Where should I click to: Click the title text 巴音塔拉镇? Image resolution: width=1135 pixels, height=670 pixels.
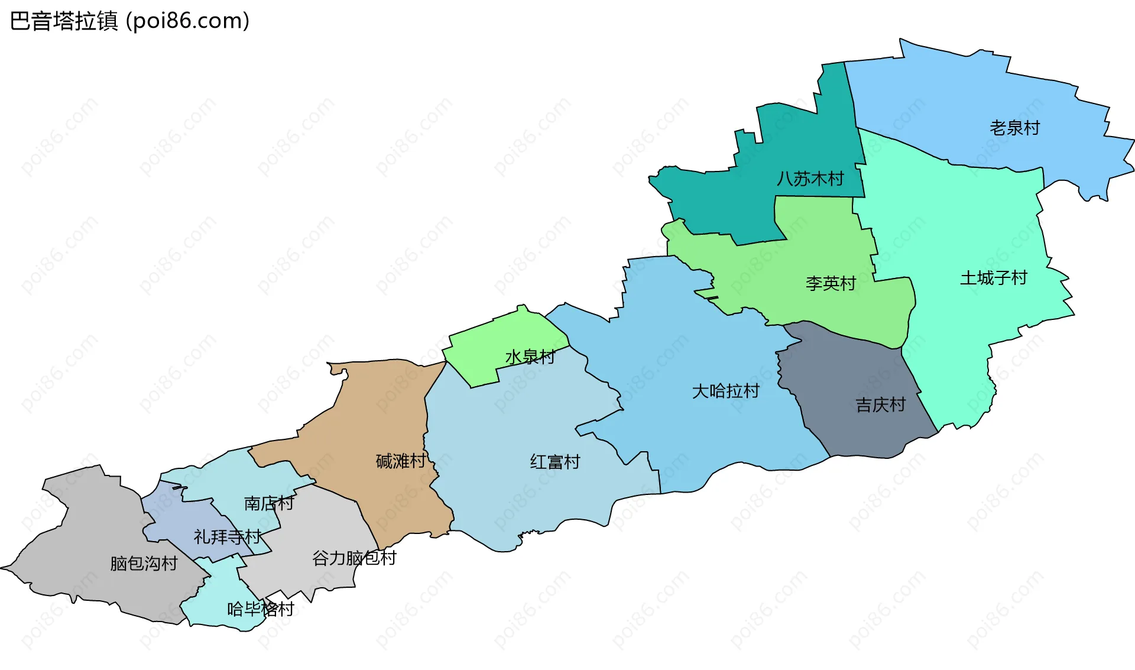64,21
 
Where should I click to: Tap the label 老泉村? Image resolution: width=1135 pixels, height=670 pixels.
1014,128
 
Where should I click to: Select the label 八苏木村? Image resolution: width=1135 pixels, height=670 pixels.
810,179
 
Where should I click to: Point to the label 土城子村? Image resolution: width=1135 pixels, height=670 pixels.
993,278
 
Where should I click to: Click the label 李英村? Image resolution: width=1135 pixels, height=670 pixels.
831,284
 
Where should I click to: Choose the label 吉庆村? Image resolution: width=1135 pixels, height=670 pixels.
880,405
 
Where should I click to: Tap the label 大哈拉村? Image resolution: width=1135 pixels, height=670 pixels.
725,391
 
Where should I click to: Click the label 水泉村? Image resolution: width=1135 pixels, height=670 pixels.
530,357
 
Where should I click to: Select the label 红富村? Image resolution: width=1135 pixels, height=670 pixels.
554,462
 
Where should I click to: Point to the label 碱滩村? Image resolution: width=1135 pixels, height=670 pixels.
400,461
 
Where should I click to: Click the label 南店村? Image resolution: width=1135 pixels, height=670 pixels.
268,503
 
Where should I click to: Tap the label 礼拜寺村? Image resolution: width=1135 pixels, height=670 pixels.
227,537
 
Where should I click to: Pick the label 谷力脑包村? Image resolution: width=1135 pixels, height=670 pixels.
354,558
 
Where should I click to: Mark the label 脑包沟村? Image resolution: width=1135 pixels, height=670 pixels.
144,564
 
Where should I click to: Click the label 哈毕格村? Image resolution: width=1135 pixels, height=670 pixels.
260,609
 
